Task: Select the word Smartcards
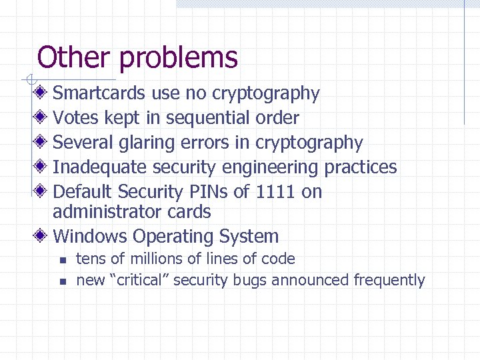(x=99, y=93)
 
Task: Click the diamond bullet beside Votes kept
(x=41, y=118)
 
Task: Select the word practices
(x=361, y=167)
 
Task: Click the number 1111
(x=275, y=192)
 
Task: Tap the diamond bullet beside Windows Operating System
(x=41, y=236)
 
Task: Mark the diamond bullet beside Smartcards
(x=41, y=93)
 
